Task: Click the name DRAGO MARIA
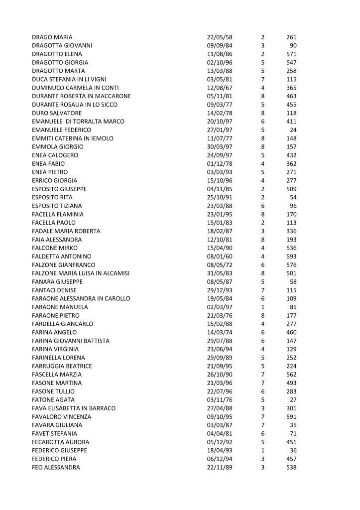pyautogui.click(x=52, y=37)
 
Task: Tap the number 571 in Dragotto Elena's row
pyautogui.click(x=291, y=54)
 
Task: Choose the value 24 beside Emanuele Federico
pyautogui.click(x=293, y=130)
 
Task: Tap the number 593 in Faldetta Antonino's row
pyautogui.click(x=291, y=256)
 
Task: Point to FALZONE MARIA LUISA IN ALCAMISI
pyautogui.click(x=81, y=273)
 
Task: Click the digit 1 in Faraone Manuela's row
pyautogui.click(x=262, y=307)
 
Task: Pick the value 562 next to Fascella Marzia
pyautogui.click(x=291, y=375)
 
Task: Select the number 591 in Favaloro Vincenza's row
pyautogui.click(x=291, y=417)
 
